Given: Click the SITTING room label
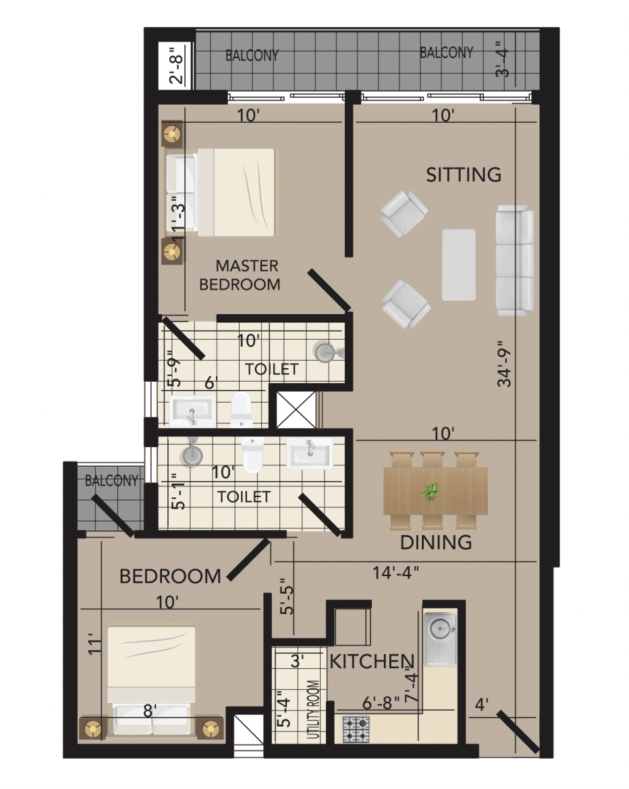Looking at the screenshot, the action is tap(464, 174).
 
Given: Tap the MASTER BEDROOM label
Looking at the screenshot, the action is tap(240, 275).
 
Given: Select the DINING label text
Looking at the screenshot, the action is tap(436, 542).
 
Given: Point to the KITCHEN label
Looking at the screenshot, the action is tap(372, 661).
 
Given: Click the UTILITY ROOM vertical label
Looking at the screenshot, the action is tap(313, 709).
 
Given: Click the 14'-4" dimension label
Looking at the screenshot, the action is tap(395, 572).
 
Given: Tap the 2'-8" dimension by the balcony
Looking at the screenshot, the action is tap(176, 65).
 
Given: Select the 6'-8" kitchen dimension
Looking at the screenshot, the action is tap(381, 703).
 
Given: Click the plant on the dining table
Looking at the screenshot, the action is tap(429, 491).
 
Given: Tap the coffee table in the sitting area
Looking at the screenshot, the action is tap(458, 265).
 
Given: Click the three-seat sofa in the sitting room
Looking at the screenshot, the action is tap(515, 260).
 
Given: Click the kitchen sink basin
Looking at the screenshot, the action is tap(441, 628).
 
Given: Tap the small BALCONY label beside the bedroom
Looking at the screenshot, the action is tap(111, 480).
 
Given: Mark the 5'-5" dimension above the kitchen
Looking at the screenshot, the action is tap(287, 596).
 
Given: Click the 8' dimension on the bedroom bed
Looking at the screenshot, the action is tap(149, 711).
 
